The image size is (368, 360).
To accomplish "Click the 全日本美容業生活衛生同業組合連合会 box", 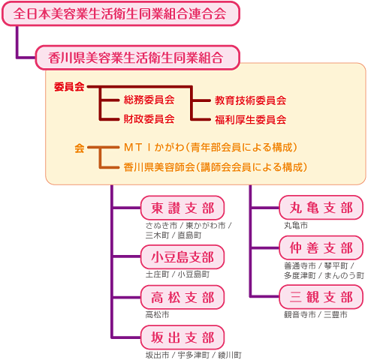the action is tap(121, 13).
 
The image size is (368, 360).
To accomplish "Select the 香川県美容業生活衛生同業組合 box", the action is tap(137, 58).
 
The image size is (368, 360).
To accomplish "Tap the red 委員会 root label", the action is tap(69, 87).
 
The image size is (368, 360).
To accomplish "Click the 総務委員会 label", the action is tap(149, 100).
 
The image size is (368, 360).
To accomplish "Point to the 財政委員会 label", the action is tap(149, 119).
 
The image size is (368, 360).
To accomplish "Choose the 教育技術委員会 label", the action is tap(251, 100).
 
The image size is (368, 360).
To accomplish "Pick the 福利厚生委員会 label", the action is tap(251, 120).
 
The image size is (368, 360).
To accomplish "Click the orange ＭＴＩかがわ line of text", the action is tap(211, 148).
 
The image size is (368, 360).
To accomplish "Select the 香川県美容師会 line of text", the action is tap(216, 167).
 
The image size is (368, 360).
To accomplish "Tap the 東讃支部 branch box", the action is tap(182, 208).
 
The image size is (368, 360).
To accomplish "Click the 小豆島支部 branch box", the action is tap(182, 256).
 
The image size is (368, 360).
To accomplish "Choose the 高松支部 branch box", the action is tap(182, 297).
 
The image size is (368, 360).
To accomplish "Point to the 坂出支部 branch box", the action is tap(182, 337).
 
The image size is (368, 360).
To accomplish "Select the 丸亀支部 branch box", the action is tap(321, 208).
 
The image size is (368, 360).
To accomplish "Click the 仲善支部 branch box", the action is tap(321, 247).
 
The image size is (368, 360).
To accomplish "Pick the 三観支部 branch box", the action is tap(321, 297).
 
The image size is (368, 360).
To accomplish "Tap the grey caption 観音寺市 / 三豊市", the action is tap(315, 314).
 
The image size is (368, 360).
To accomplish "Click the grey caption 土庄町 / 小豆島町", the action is tap(177, 274).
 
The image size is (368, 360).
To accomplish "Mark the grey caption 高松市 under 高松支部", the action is tap(157, 314).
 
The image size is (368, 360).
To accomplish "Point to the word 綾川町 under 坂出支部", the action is tap(230, 355).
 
